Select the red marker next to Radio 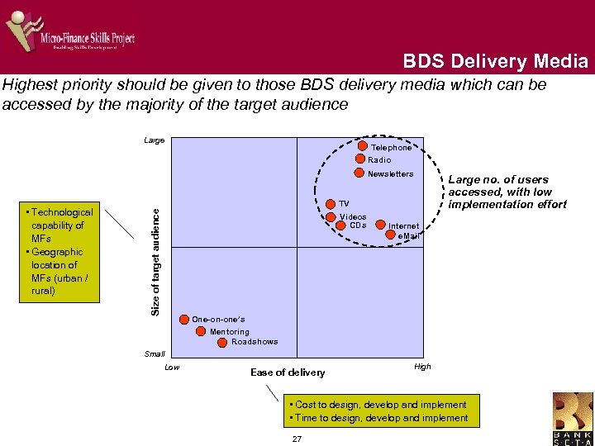click(360, 159)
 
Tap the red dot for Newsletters click(359, 173)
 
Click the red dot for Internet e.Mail click(392, 234)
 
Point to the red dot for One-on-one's click(183, 319)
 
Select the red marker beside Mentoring click(202, 331)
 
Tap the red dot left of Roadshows click(223, 342)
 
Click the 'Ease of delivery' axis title click(288, 372)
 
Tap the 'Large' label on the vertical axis click(154, 140)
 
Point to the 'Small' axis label click(155, 353)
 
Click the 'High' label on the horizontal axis click(422, 367)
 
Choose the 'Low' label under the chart click(172, 367)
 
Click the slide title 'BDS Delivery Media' click(496, 61)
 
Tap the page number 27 click(297, 438)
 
